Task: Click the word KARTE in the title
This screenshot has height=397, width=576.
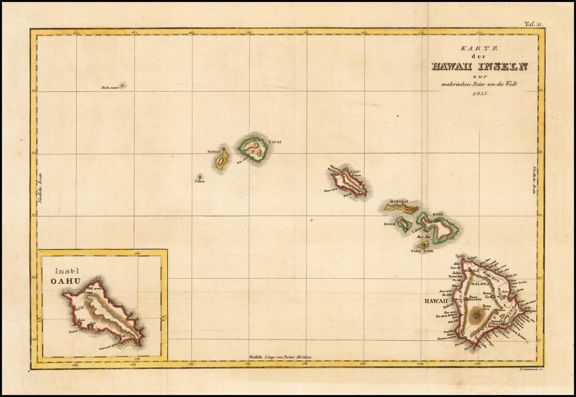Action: click(479, 48)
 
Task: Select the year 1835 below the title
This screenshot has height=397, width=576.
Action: click(479, 100)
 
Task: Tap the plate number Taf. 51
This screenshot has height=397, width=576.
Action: click(534, 24)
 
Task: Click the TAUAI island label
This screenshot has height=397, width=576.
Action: click(274, 142)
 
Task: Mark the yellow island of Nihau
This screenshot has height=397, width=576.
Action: click(222, 160)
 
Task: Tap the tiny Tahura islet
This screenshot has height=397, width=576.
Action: click(200, 176)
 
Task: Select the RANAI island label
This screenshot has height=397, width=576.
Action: click(390, 224)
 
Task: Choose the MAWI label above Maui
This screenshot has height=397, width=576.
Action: click(438, 213)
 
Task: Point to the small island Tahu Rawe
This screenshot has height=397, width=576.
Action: click(423, 245)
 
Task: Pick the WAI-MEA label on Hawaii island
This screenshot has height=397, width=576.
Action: click(480, 283)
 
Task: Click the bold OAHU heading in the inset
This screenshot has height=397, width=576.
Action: click(66, 281)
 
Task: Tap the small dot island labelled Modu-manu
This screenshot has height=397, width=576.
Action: click(122, 85)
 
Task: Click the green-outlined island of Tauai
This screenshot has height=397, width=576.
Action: click(253, 149)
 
